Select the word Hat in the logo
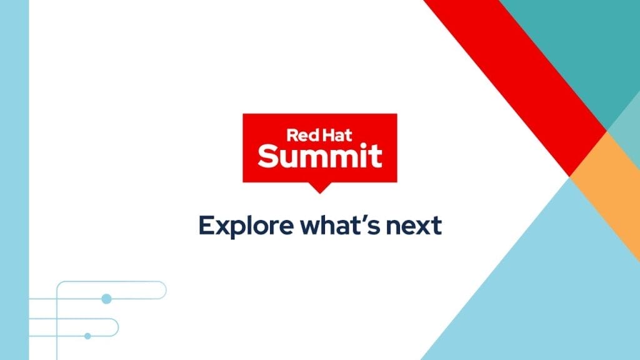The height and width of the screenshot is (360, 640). pyautogui.click(x=336, y=135)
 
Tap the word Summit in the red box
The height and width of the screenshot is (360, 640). pyautogui.click(x=320, y=156)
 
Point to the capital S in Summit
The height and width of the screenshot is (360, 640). pyautogui.click(x=267, y=156)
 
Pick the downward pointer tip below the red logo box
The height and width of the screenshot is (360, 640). pyautogui.click(x=319, y=192)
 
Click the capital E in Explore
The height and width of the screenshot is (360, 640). pyautogui.click(x=206, y=225)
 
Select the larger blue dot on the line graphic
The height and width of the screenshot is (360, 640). pyautogui.click(x=106, y=299)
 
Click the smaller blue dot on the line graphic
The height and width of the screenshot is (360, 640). pyautogui.click(x=87, y=336)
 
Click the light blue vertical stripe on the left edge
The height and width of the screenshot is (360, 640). pyautogui.click(x=14, y=180)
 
